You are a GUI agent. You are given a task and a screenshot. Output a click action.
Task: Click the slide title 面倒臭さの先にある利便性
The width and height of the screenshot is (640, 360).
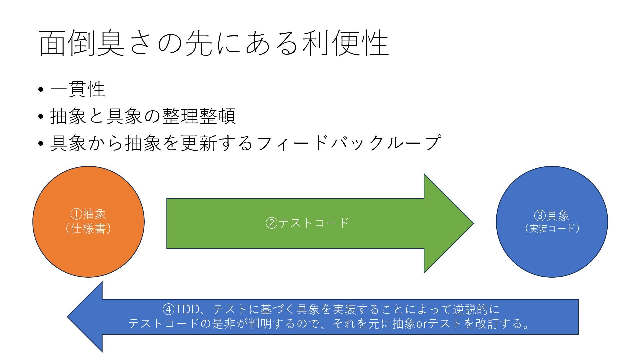coord(214,43)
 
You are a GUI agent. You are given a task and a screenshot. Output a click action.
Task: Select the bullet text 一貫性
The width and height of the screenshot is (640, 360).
coord(78,89)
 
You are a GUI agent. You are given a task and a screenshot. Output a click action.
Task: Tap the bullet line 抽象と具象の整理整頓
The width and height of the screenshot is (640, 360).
coord(143,116)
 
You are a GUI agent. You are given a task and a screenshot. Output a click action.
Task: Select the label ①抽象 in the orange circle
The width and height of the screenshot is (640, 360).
coord(88,214)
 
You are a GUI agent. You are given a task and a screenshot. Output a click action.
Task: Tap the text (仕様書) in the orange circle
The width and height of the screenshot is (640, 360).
coord(88,229)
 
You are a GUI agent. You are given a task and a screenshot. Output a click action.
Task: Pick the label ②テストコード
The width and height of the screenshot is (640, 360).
coord(307,222)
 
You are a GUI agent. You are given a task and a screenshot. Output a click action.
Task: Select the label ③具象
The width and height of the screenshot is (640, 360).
coord(552,216)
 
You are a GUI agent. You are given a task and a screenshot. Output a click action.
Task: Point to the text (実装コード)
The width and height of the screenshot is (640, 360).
coord(552,229)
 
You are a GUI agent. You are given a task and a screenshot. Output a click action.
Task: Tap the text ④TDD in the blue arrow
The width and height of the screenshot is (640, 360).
coord(180,309)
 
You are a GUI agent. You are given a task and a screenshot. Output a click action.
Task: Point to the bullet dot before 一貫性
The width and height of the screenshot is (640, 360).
coord(41,90)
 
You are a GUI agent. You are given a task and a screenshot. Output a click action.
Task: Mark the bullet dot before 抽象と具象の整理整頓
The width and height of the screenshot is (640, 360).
coord(41,117)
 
